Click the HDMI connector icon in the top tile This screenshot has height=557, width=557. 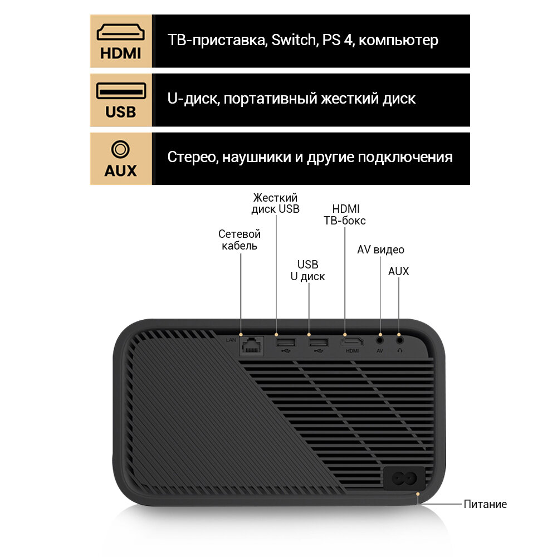(x=121, y=32)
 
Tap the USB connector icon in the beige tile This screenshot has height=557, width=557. (x=121, y=91)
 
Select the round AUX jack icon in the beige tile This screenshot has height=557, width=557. (x=120, y=149)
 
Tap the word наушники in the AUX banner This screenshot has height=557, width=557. (x=256, y=157)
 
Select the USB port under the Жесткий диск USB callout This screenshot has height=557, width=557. (x=284, y=342)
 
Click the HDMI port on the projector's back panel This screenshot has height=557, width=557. (x=353, y=341)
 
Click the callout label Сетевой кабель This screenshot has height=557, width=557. (x=240, y=240)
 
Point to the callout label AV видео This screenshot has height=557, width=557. (x=380, y=250)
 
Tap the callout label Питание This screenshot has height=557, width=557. (x=485, y=505)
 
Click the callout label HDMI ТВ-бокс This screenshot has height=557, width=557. (x=345, y=214)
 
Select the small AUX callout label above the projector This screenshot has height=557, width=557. (x=398, y=271)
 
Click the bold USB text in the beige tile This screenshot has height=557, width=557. (x=120, y=112)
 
